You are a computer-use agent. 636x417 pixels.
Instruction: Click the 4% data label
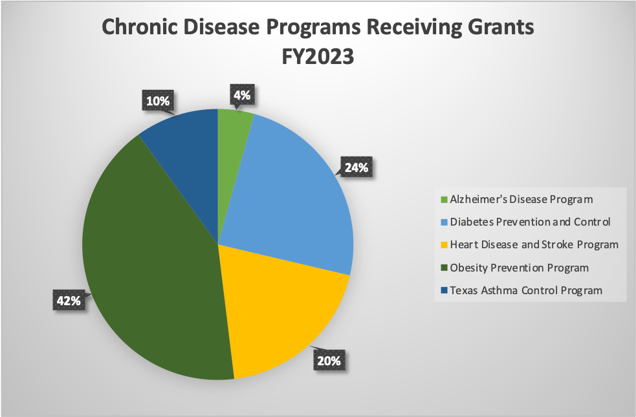(242, 96)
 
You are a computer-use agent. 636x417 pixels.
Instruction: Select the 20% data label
(328, 361)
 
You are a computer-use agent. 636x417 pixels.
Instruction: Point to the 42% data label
(67, 301)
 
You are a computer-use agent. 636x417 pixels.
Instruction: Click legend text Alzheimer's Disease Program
(522, 199)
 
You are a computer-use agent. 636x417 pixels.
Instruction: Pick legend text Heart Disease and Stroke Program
(534, 244)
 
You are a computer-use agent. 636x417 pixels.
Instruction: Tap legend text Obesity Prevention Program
(519, 268)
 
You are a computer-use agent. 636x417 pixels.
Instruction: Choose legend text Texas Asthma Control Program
(526, 290)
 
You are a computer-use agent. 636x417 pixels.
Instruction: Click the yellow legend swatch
(443, 245)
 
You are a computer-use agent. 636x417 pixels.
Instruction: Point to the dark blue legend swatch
(443, 291)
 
